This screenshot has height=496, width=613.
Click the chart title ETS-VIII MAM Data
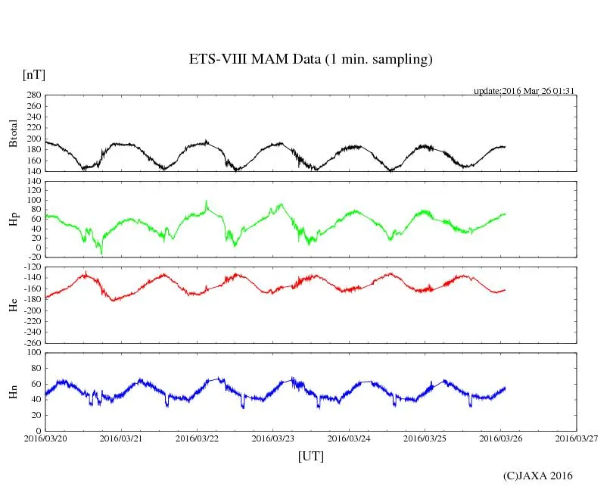[310, 60]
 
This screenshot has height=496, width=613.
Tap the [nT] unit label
[33, 75]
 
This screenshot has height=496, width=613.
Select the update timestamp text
[525, 91]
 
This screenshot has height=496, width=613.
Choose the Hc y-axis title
[12, 305]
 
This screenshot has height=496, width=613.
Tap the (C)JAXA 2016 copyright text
[538, 476]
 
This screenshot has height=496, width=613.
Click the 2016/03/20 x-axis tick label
[45, 438]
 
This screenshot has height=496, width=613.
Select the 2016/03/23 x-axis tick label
[273, 438]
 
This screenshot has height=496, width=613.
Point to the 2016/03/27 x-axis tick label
[577, 438]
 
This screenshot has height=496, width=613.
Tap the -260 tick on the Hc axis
[30, 342]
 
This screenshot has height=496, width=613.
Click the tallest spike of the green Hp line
[206, 201]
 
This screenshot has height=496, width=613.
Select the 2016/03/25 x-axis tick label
[425, 438]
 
